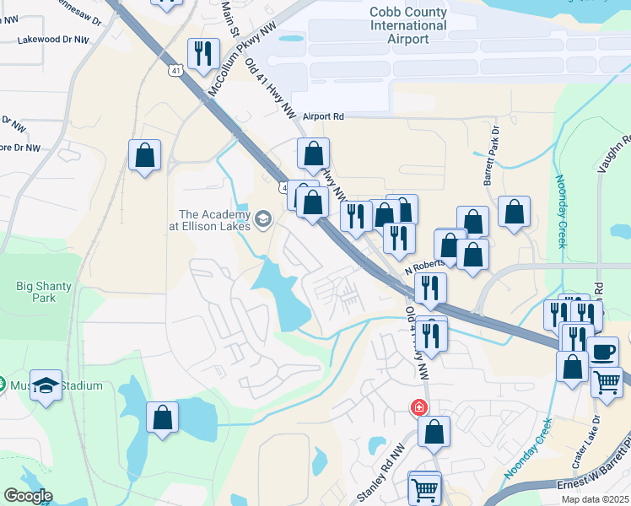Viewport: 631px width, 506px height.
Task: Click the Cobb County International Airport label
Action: (x=407, y=25)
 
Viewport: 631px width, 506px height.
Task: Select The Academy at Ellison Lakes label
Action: (x=214, y=220)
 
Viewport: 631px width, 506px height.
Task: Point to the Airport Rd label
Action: (x=324, y=116)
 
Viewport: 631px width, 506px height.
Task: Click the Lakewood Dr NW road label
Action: (x=52, y=39)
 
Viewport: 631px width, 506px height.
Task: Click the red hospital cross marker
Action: (x=418, y=408)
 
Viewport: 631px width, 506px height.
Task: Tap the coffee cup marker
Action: (x=602, y=350)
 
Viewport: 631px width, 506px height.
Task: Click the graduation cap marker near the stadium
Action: (x=46, y=384)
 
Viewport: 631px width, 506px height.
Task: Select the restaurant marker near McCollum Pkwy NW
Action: (x=202, y=54)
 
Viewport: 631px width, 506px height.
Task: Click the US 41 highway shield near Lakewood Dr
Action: (x=175, y=71)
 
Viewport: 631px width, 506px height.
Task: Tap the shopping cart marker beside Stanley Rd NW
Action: (x=424, y=487)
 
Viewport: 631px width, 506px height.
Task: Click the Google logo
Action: (x=28, y=496)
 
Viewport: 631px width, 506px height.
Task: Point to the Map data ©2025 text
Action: (x=596, y=499)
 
